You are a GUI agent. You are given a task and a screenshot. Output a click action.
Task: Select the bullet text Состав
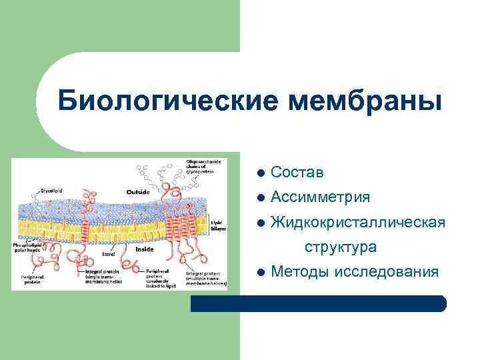[297, 173]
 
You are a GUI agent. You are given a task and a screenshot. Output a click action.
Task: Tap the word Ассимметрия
[321, 198]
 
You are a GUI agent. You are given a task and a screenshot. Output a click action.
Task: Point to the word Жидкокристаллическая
[358, 222]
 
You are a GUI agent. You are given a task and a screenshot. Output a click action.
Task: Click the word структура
[341, 247]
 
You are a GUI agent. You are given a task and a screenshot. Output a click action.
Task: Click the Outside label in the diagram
[138, 192]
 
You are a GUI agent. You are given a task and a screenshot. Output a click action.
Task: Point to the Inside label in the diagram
[145, 249]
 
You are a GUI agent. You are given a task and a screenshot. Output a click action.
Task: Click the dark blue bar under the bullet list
[318, 304]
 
